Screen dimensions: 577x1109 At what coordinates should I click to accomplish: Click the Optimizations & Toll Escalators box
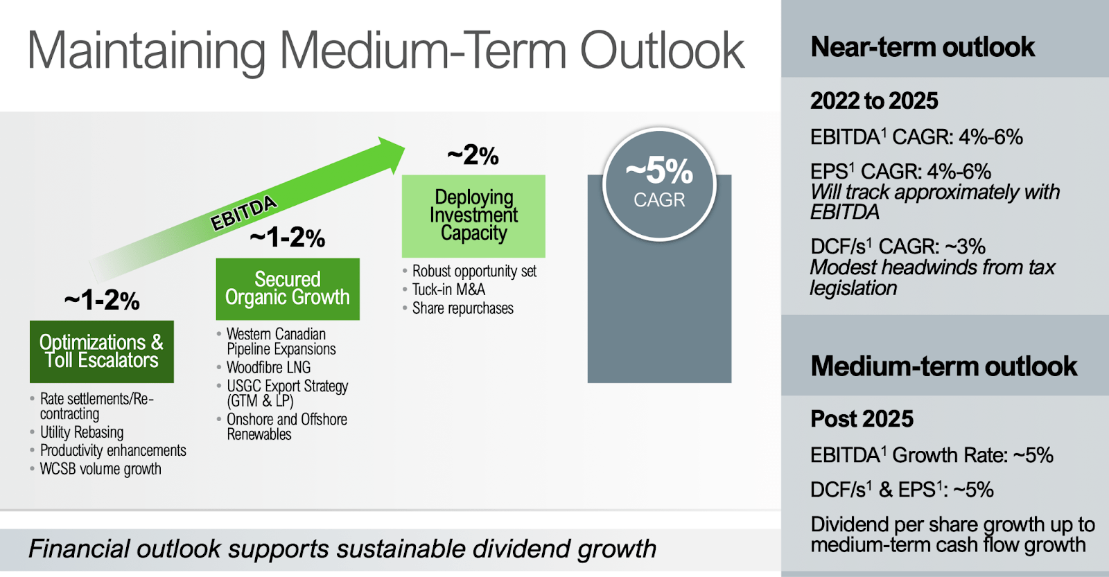pos(101,351)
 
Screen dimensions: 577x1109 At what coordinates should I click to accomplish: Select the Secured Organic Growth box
pos(288,289)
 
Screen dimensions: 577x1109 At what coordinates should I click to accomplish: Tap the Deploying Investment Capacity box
pos(473,215)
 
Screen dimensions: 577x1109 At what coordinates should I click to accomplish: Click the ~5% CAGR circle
pos(659,184)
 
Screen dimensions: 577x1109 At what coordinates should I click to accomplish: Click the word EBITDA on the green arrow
pos(243,213)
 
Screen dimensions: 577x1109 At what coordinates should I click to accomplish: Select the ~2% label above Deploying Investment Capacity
pos(473,155)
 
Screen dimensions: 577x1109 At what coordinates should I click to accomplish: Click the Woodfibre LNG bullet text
pos(268,367)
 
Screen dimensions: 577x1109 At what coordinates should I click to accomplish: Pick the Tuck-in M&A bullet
pos(448,290)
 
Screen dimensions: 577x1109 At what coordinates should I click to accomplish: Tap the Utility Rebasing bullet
pos(82,432)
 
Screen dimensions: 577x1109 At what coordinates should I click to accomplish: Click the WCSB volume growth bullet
pos(101,469)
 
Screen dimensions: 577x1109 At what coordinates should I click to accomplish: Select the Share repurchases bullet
pos(462,308)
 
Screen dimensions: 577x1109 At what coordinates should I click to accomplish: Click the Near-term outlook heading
pos(923,47)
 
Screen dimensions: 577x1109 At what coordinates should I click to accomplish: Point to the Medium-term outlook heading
pos(943,366)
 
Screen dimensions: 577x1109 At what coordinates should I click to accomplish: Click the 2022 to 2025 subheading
pos(874,101)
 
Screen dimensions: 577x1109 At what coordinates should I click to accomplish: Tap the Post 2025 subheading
pos(862,419)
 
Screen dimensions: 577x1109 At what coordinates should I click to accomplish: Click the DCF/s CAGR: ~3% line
pos(898,247)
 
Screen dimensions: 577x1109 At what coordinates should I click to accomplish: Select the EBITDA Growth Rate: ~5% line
pos(932,455)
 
